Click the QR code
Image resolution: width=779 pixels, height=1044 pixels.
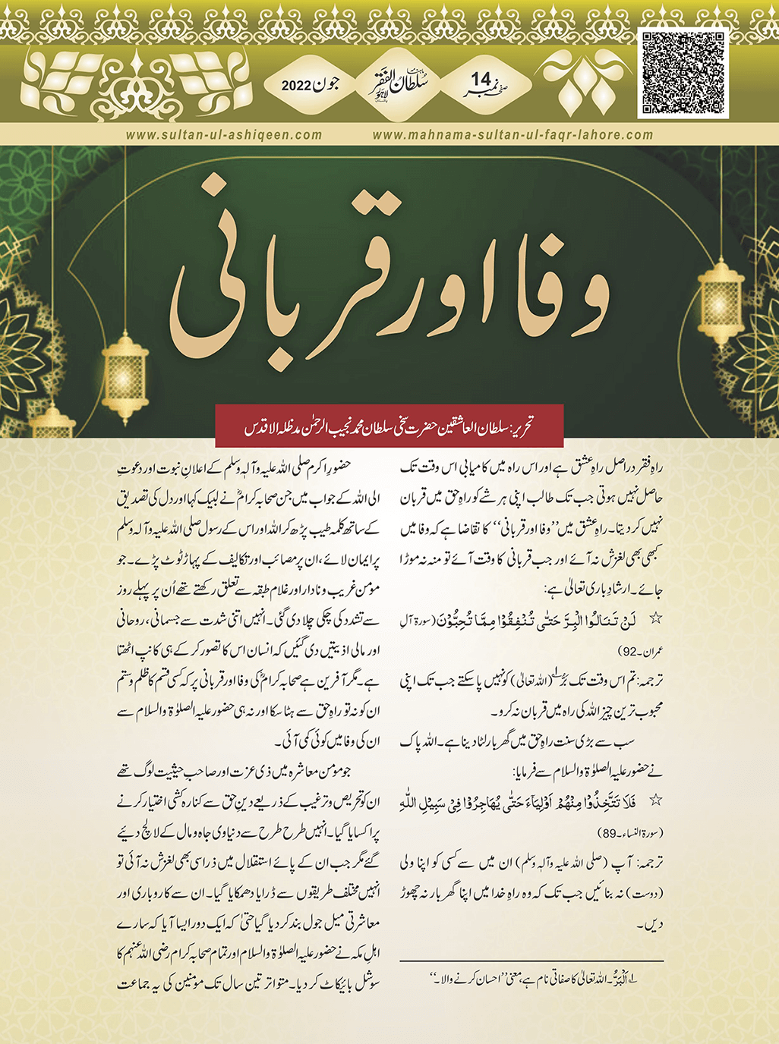click(x=683, y=73)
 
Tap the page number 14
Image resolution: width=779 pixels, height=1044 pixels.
click(x=481, y=79)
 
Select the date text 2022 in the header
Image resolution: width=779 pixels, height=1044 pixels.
click(x=297, y=85)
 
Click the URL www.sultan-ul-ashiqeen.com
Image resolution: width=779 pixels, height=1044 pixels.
click(x=224, y=135)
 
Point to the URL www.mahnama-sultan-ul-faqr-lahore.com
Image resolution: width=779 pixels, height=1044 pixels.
click(x=512, y=135)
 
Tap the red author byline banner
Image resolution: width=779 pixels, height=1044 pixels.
click(x=389, y=425)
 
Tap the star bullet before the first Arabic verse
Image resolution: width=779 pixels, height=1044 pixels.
click(x=656, y=619)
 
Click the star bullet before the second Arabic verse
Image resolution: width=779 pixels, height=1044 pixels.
click(x=656, y=800)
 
